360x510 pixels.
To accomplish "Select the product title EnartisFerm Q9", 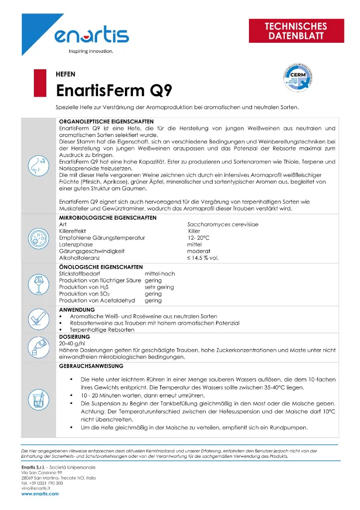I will (115, 91).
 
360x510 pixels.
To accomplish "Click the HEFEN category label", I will (66, 74).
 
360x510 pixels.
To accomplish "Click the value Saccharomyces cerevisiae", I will (223, 225).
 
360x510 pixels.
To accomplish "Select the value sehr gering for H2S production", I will (159, 287).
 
